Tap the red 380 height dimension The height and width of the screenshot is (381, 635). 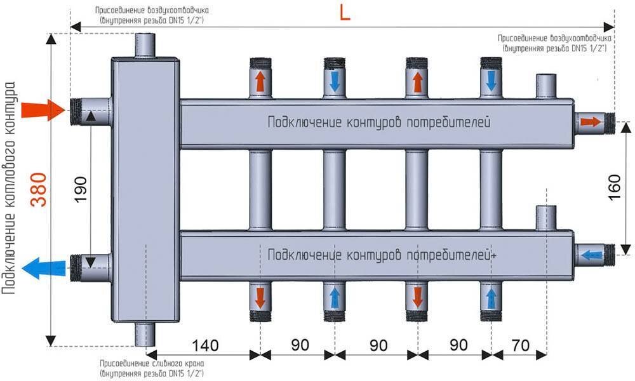coord(39,189)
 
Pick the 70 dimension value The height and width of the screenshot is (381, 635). coord(520,345)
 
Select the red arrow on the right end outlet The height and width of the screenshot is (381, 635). coord(590,122)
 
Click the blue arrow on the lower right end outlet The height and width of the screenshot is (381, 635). coord(591,255)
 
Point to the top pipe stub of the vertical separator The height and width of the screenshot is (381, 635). coord(147,46)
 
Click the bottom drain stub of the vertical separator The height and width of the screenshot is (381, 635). coord(147,333)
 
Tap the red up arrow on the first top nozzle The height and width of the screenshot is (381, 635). coord(260,81)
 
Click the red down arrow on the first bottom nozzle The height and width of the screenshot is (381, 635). coord(260,296)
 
